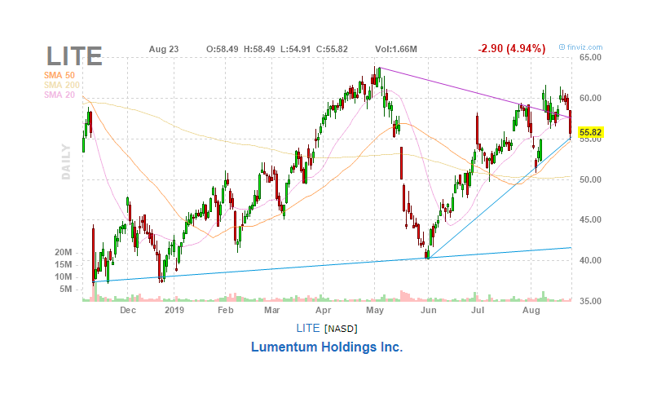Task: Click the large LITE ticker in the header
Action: click(74, 55)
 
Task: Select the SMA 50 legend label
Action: click(59, 76)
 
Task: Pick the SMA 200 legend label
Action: click(61, 86)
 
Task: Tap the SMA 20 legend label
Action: click(59, 95)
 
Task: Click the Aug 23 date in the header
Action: click(164, 49)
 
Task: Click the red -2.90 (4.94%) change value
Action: click(511, 49)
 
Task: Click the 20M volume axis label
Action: click(64, 253)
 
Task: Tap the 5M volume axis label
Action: click(67, 289)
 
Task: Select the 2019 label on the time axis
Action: click(174, 311)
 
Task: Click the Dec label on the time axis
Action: click(128, 311)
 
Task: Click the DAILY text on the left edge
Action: click(66, 164)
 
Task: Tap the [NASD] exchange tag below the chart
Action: click(340, 328)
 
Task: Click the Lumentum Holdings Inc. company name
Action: click(326, 347)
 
